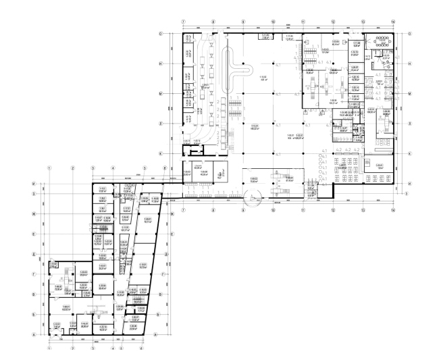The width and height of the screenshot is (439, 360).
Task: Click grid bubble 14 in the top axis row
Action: tap(392, 20)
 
